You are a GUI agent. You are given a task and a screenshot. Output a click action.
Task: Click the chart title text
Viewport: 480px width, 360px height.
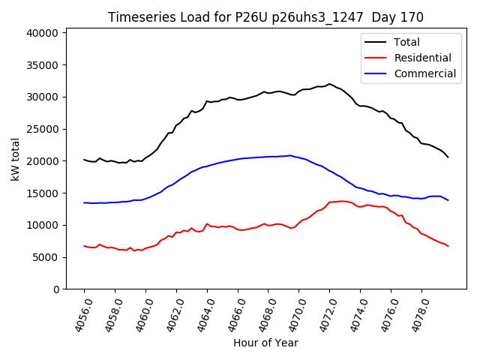pos(265,17)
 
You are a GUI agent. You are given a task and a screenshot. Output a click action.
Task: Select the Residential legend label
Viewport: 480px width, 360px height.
pos(422,58)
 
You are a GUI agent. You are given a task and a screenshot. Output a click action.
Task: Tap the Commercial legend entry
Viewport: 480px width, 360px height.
pos(424,73)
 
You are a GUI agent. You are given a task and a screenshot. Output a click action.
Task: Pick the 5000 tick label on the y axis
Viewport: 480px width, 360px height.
pos(46,257)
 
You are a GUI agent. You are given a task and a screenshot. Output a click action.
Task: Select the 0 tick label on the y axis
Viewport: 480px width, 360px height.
pos(57,289)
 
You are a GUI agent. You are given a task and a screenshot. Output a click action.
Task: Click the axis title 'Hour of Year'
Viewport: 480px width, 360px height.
pos(265,343)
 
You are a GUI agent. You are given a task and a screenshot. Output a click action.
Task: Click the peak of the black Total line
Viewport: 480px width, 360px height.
pos(329,84)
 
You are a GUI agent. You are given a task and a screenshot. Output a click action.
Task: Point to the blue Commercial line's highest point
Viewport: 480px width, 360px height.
pos(290,155)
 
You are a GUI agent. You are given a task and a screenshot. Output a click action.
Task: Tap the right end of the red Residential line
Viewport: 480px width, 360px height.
pos(448,246)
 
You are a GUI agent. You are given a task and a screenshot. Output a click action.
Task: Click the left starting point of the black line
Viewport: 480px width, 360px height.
pos(84,159)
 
